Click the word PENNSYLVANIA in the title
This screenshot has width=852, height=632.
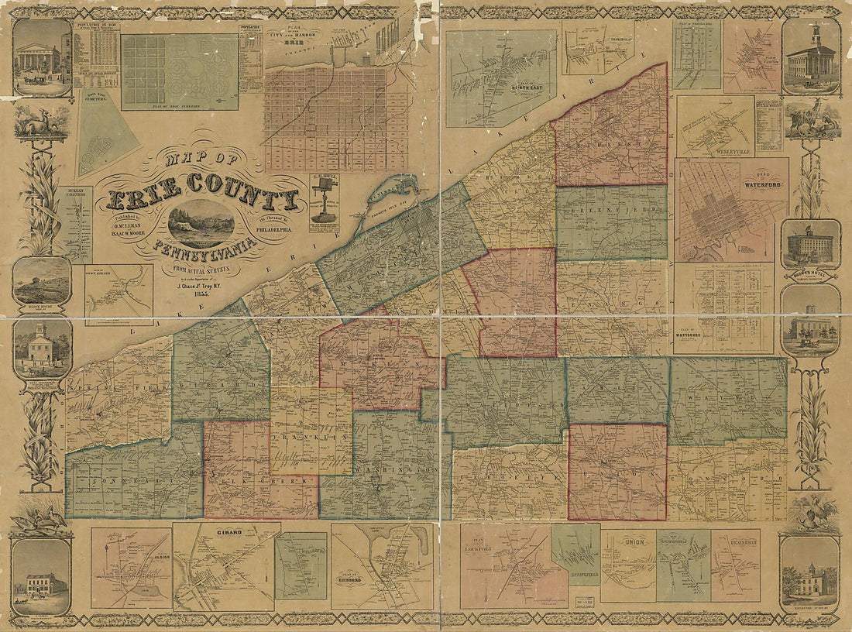(x=205, y=249)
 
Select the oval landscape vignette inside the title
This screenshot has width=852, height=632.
(x=201, y=223)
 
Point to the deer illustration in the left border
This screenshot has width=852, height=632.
(x=39, y=122)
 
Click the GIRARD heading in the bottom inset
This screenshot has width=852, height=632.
(x=228, y=534)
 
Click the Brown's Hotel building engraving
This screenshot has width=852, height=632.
(x=810, y=246)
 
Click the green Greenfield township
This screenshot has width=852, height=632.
(x=611, y=222)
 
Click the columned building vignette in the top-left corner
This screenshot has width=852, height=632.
(x=42, y=59)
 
